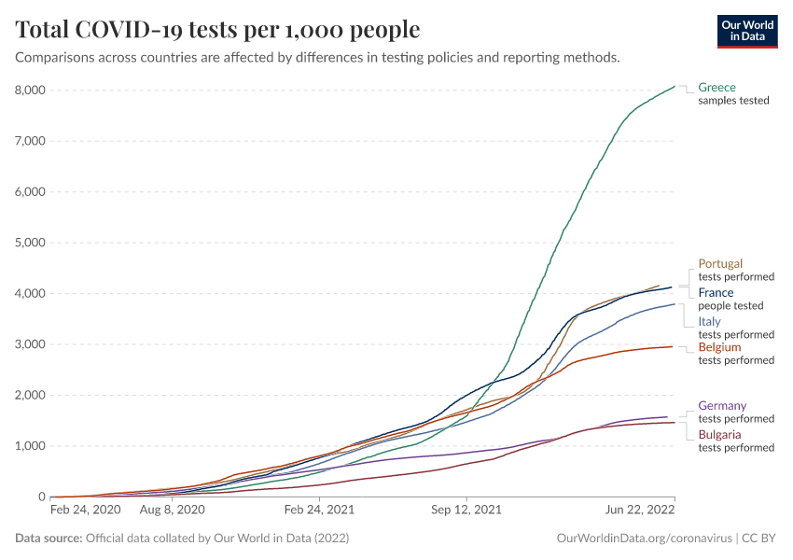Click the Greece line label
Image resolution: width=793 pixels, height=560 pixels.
[x=716, y=88]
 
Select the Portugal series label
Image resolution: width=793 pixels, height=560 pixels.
[x=720, y=264]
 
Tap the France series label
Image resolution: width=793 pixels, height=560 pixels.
[x=716, y=293]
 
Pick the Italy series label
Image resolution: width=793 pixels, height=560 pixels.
[x=709, y=322]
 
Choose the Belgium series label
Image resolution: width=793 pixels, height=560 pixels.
[x=719, y=347]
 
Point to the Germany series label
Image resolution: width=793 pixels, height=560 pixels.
[x=722, y=406]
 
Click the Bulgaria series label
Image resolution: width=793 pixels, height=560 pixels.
[x=719, y=435]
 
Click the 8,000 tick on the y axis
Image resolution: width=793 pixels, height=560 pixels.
[x=29, y=91]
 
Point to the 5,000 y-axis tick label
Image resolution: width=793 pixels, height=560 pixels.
[x=29, y=243]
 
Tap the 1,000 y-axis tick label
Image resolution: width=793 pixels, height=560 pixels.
[x=29, y=446]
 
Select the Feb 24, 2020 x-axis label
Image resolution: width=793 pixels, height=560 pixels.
[x=85, y=511]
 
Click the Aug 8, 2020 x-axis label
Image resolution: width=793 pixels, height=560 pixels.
[x=172, y=511]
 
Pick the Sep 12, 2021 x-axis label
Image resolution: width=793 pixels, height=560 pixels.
[x=466, y=511]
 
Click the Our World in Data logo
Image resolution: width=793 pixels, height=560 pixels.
[x=746, y=31]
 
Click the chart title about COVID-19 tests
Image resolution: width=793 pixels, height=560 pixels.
[x=218, y=30]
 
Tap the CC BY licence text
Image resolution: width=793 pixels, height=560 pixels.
[x=759, y=539]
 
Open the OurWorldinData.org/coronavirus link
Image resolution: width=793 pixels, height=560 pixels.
[x=643, y=539]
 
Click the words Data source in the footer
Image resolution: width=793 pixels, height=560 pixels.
[x=49, y=539]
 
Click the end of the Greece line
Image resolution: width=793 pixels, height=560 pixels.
[x=675, y=87]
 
